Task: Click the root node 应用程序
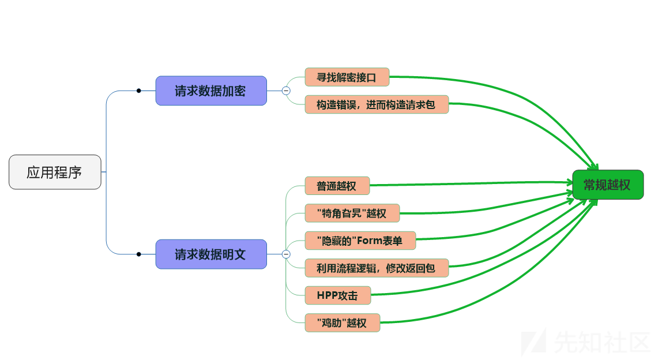tap(55, 172)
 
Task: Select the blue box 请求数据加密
tap(211, 91)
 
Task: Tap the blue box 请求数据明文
tap(211, 254)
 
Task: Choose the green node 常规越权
tap(607, 185)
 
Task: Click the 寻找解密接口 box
tap(347, 77)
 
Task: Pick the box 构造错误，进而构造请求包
tap(376, 104)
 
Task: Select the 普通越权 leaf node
tap(337, 186)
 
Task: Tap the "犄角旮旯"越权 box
tap(352, 213)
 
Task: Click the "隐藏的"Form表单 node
tap(360, 241)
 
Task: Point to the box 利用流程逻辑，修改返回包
tap(376, 268)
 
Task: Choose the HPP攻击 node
tap(337, 295)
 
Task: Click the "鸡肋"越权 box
tap(342, 322)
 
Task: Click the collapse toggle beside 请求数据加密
tap(286, 91)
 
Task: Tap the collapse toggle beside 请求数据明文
tap(286, 254)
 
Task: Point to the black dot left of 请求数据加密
tap(138, 91)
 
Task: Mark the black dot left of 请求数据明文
tap(138, 254)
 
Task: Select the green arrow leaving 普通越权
tap(461, 183)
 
